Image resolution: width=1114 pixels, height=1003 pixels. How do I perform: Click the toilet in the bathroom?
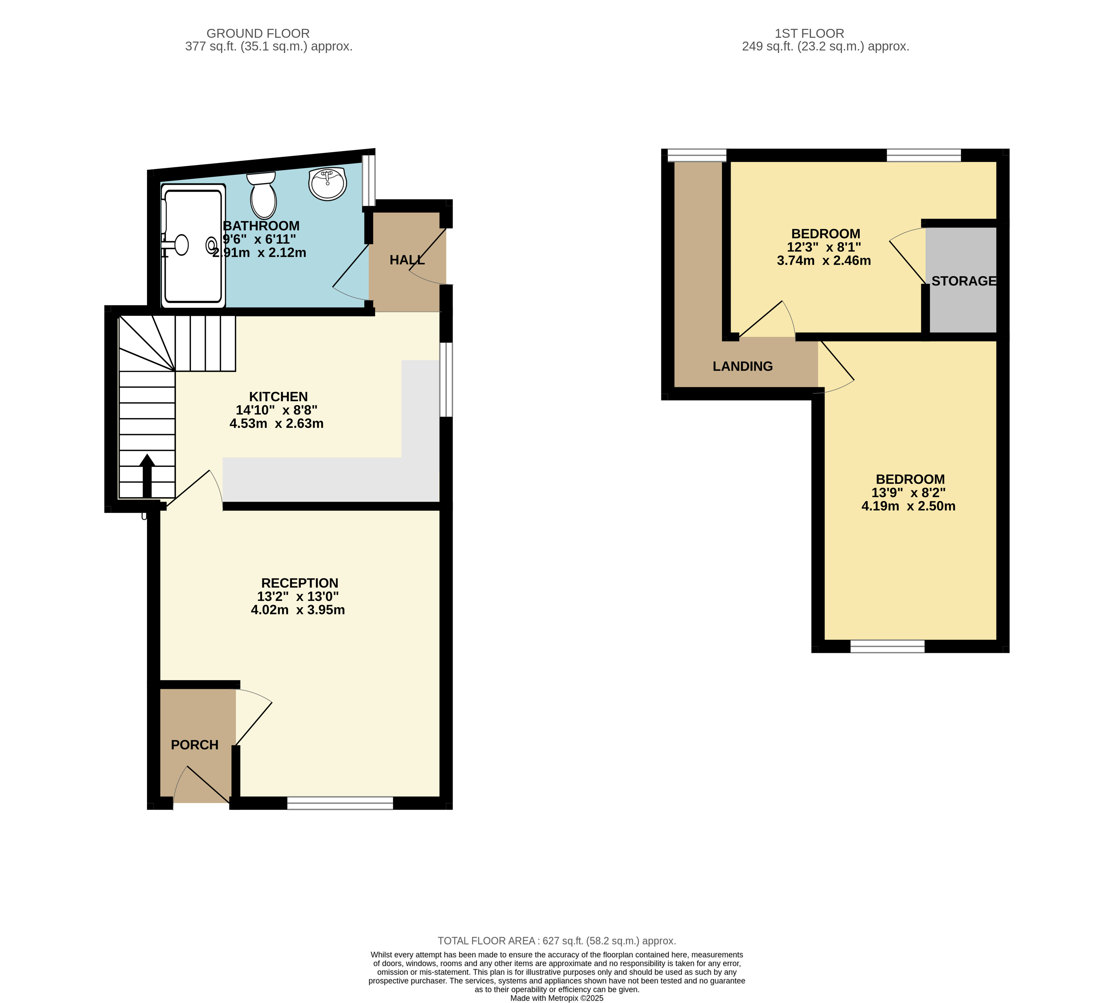[x=262, y=195]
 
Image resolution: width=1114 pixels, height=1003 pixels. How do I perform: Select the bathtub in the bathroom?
[x=193, y=246]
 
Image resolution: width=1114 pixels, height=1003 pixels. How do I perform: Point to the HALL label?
[x=407, y=260]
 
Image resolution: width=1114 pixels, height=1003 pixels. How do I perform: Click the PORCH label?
[x=195, y=745]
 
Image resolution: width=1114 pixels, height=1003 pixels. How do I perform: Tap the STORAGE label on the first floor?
[x=964, y=281]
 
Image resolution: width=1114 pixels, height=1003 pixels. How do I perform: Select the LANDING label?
[x=742, y=367]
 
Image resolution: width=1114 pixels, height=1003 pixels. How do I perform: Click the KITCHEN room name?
[x=279, y=397]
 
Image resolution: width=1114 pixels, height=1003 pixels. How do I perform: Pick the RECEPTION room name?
[x=300, y=583]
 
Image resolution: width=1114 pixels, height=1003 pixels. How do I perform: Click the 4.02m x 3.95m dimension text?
[x=298, y=610]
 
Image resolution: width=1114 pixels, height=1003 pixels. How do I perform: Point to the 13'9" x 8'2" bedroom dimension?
[x=908, y=493]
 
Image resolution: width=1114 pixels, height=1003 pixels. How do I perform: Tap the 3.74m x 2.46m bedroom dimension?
[x=824, y=261]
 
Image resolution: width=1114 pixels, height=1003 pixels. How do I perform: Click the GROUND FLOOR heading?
[x=258, y=34]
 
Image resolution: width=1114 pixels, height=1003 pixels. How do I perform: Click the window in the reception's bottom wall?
[x=340, y=803]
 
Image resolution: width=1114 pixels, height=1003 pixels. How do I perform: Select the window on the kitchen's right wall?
[x=446, y=380]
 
